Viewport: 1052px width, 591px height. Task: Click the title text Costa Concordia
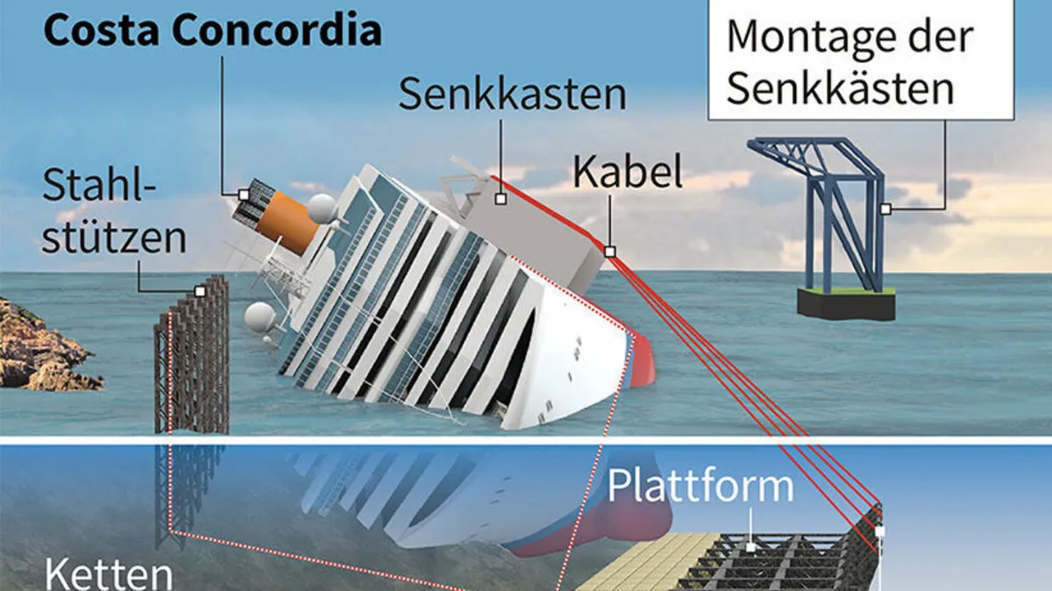pyautogui.click(x=213, y=30)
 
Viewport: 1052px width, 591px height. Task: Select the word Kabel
pyautogui.click(x=628, y=173)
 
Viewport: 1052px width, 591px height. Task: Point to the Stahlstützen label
pyautogui.click(x=114, y=212)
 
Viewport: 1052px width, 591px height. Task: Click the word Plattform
pyautogui.click(x=701, y=486)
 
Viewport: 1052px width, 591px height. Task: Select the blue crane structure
pyautogui.click(x=824, y=210)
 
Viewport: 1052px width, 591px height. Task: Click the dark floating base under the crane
pyautogui.click(x=846, y=303)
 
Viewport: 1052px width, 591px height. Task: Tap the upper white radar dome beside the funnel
pyautogui.click(x=322, y=208)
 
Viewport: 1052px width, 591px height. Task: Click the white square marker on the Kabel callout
pyautogui.click(x=610, y=252)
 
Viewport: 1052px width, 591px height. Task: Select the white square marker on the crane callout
pyautogui.click(x=885, y=209)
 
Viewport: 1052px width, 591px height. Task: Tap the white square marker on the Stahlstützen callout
pyautogui.click(x=200, y=290)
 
